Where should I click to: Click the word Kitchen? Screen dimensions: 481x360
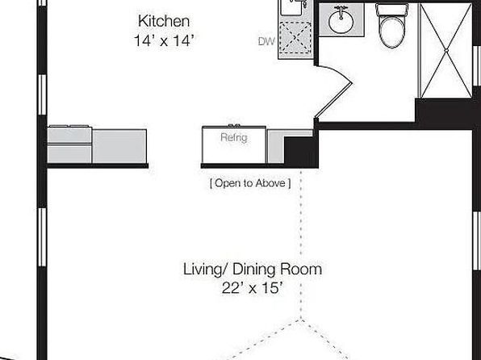pyautogui.click(x=164, y=21)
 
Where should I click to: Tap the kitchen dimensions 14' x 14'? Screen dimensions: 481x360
pyautogui.click(x=164, y=40)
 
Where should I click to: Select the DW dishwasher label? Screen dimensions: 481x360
pyautogui.click(x=266, y=42)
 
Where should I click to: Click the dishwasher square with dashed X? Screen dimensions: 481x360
pyautogui.click(x=295, y=38)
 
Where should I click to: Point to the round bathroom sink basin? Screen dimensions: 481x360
pyautogui.click(x=341, y=21)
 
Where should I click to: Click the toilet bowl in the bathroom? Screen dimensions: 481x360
pyautogui.click(x=391, y=31)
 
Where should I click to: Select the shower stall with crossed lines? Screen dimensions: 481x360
pyautogui.click(x=445, y=50)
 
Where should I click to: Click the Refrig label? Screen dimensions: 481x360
pyautogui.click(x=234, y=137)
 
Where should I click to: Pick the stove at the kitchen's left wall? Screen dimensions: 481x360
pyautogui.click(x=70, y=144)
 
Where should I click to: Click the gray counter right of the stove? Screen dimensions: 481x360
pyautogui.click(x=119, y=146)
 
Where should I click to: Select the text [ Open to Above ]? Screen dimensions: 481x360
pyautogui.click(x=250, y=183)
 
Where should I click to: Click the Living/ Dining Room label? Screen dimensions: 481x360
pyautogui.click(x=253, y=269)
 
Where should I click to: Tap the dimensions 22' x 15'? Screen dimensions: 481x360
pyautogui.click(x=252, y=288)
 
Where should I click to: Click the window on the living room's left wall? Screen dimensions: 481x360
pyautogui.click(x=42, y=237)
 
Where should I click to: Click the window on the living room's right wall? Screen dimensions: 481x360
pyautogui.click(x=477, y=241)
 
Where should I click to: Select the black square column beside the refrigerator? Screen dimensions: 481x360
pyautogui.click(x=299, y=152)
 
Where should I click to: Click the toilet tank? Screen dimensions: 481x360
pyautogui.click(x=391, y=9)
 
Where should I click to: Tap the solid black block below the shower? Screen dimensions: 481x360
pyautogui.click(x=444, y=111)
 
